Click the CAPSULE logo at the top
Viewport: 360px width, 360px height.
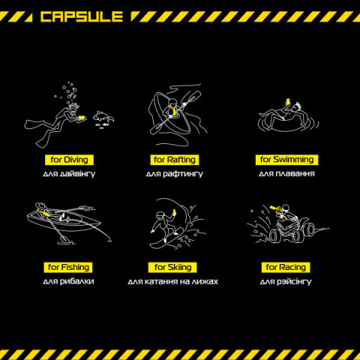click(82, 16)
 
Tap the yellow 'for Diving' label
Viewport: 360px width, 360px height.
click(69, 160)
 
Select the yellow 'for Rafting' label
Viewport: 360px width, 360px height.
click(175, 160)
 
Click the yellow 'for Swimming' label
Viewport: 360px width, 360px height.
click(286, 160)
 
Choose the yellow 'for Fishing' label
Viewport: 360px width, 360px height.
click(68, 267)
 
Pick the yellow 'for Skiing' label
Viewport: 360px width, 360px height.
click(172, 267)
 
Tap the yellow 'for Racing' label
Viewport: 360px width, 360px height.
click(286, 267)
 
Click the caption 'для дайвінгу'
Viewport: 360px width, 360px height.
click(69, 174)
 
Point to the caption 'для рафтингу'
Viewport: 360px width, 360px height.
click(175, 174)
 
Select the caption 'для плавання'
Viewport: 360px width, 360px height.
click(286, 173)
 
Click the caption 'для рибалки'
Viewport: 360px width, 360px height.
click(68, 281)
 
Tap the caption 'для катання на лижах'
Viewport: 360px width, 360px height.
click(172, 281)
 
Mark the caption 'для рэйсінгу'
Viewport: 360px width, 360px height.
click(286, 281)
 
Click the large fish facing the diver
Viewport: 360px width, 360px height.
click(103, 116)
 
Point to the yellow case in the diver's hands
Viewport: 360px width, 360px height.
click(82, 117)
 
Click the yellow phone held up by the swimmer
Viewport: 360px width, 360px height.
click(288, 101)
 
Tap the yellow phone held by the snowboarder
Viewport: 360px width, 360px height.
click(174, 211)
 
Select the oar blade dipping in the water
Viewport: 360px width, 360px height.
click(66, 240)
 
